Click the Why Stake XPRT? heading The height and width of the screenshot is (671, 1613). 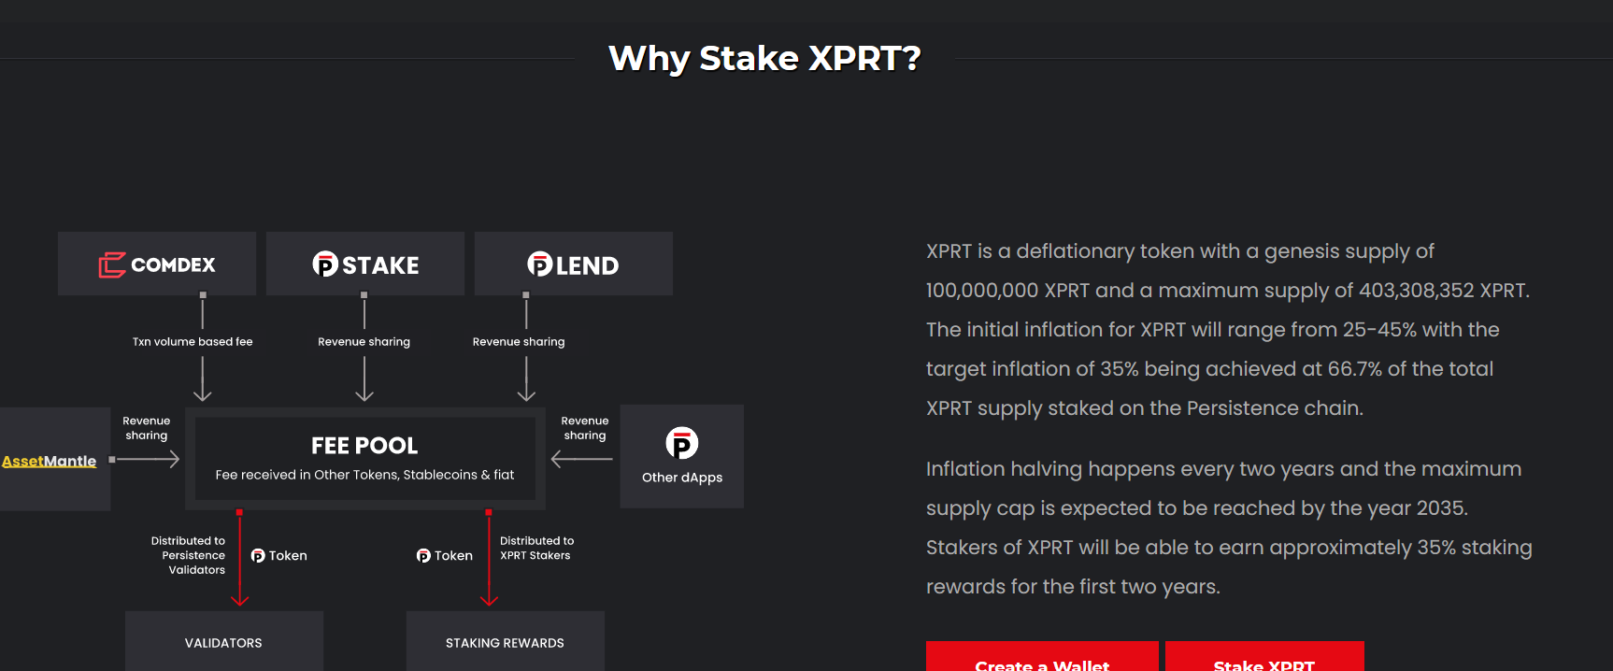[764, 58]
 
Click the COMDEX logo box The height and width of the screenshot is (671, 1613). [157, 264]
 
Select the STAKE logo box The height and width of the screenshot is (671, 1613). [365, 264]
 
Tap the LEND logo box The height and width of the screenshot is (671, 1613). [573, 264]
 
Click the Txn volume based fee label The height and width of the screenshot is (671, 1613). [193, 342]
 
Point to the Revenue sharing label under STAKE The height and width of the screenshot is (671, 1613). [364, 342]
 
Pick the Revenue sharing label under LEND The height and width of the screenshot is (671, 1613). [519, 342]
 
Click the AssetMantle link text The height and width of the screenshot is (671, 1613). [50, 461]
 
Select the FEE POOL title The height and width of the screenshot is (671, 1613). [364, 446]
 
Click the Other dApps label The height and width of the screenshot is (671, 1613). [682, 478]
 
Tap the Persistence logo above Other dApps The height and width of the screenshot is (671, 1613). [682, 443]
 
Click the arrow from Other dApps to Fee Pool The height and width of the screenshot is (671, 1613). [581, 459]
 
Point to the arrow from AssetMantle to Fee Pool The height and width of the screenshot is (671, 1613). [147, 459]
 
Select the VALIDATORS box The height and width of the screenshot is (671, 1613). [223, 642]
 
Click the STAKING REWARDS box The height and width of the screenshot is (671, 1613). [505, 642]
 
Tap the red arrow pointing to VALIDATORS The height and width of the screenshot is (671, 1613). [240, 561]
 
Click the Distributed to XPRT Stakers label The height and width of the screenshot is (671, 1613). [536, 548]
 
